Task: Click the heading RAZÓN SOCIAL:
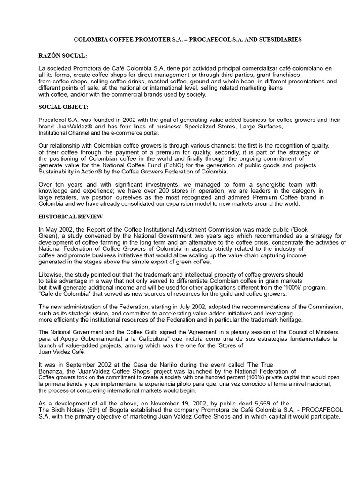coord(63,56)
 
